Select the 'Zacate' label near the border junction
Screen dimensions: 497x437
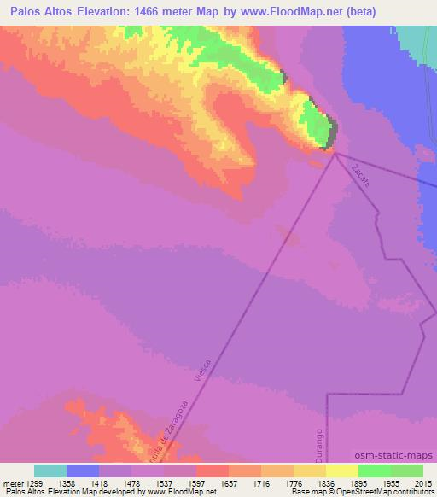pyautogui.click(x=358, y=173)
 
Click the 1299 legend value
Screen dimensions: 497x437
pyautogui.click(x=33, y=482)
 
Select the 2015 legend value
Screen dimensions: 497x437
pyautogui.click(x=422, y=482)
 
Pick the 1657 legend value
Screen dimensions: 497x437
pyautogui.click(x=228, y=482)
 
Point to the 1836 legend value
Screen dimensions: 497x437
pyautogui.click(x=325, y=482)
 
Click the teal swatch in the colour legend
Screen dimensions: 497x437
pyautogui.click(x=50, y=471)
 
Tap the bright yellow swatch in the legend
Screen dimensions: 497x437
pyautogui.click(x=341, y=471)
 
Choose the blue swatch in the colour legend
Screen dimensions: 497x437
pyautogui.click(x=82, y=471)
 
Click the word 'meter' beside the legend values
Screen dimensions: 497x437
pyautogui.click(x=11, y=482)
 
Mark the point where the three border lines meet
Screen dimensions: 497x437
pyautogui.click(x=335, y=154)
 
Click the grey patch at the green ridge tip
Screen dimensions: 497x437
pyautogui.click(x=333, y=130)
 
